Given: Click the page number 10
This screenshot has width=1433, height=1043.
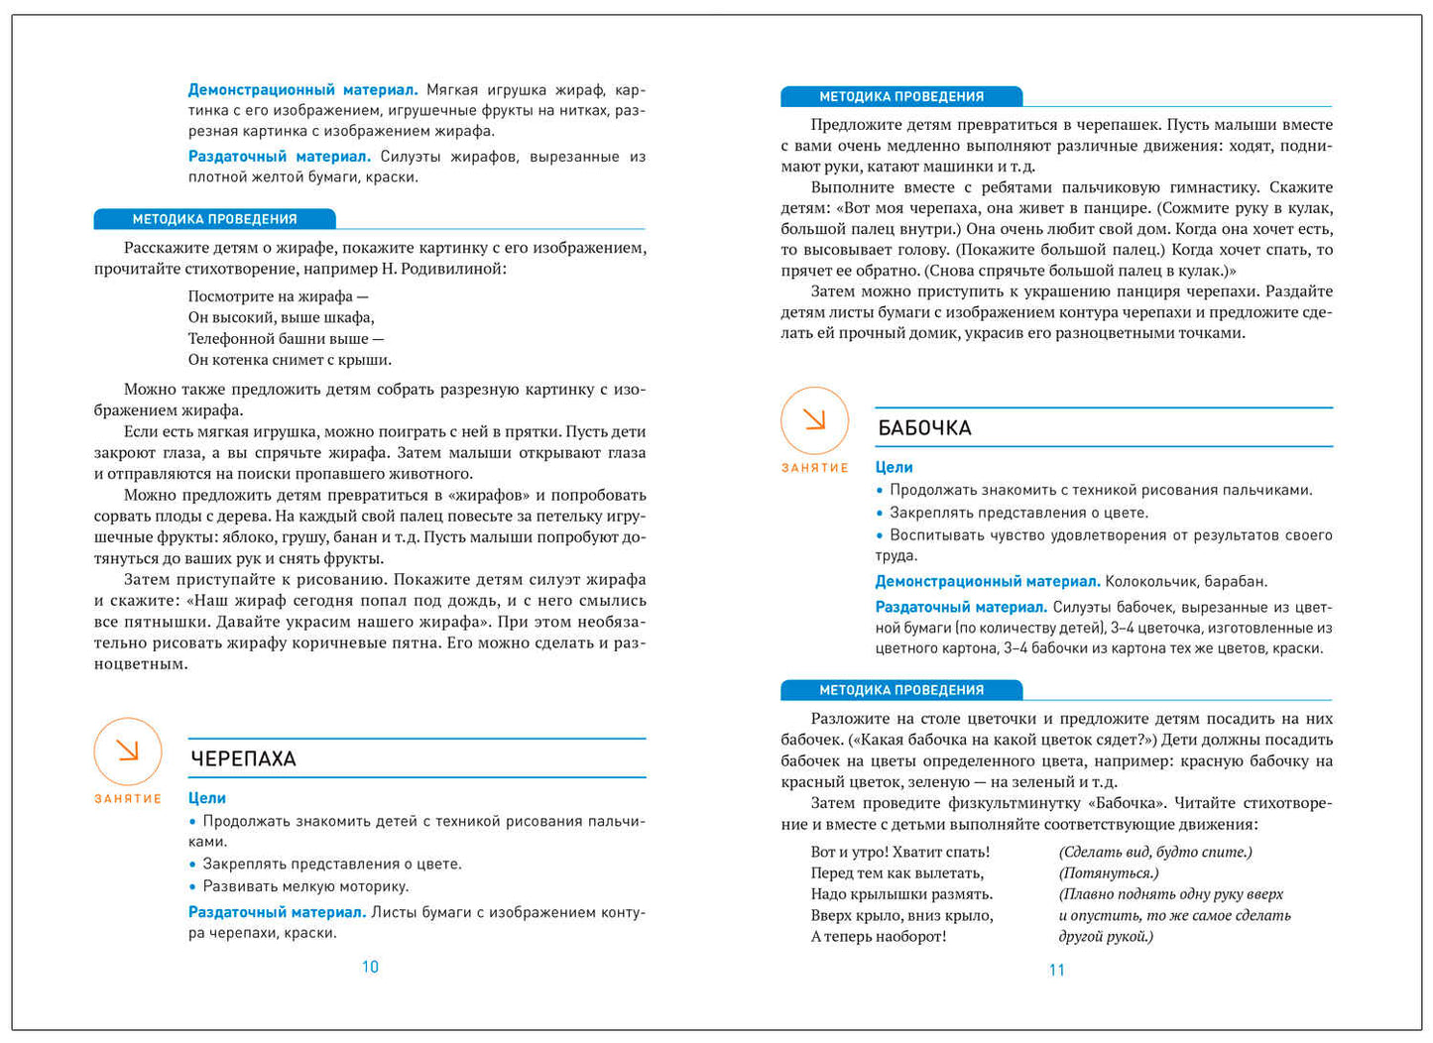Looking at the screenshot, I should point(370,967).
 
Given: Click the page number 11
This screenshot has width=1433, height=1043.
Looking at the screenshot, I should point(1056,970).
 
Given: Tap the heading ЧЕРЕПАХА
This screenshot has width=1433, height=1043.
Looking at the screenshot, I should point(243,758).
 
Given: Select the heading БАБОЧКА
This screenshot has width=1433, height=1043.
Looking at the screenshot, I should point(924,428).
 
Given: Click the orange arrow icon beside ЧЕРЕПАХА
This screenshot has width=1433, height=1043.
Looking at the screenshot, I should point(128,751).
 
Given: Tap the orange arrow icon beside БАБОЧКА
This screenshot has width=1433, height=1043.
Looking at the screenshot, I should point(814,420).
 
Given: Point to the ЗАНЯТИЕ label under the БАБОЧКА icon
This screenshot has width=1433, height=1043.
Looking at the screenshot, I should point(814,468).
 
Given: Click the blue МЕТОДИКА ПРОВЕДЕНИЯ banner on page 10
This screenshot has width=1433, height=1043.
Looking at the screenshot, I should point(214,219).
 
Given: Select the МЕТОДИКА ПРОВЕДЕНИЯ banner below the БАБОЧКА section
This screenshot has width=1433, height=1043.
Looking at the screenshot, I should point(900,690).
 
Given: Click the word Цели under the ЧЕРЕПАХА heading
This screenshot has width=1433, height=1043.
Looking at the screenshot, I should point(207,798).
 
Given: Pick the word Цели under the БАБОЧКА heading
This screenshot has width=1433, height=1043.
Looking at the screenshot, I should point(894,467).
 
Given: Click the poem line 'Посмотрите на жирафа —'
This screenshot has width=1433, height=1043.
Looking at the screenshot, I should point(278,296).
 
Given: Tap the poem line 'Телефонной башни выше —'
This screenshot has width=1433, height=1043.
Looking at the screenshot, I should point(286,339).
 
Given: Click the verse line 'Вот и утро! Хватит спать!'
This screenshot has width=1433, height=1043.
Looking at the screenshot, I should point(899,852).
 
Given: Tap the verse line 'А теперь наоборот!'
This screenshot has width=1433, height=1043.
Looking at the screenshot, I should point(878,937).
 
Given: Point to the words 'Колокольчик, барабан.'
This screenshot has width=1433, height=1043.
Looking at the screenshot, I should point(1186,582).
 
